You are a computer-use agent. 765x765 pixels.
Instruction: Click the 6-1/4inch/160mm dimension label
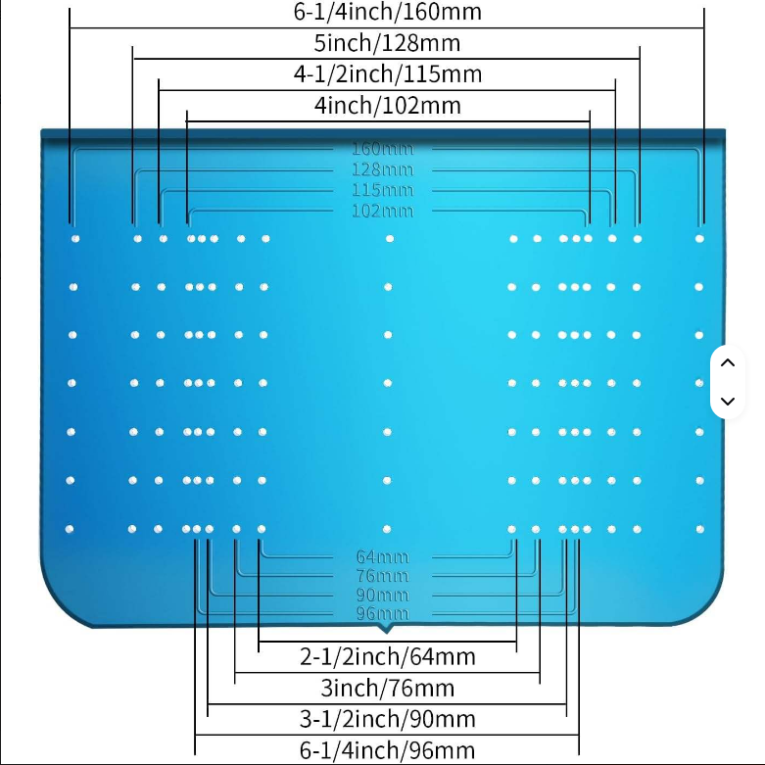388,13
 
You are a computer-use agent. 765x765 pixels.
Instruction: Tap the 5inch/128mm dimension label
387,44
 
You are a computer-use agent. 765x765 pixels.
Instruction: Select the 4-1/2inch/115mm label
388,74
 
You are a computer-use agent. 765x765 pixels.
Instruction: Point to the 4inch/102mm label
388,106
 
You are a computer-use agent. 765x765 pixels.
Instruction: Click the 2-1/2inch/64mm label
388,656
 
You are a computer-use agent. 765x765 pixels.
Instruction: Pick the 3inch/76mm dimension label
388,688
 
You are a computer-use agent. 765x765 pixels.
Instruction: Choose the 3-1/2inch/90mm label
388,719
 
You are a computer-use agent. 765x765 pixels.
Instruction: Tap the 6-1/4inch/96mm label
388,750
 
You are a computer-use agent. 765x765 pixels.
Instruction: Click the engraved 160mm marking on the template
382,150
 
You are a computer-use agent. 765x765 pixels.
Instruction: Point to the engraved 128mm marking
382,170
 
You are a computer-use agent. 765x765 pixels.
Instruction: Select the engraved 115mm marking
382,190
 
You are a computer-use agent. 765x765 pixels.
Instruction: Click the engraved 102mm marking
382,211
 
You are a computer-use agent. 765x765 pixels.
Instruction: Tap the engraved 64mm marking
382,557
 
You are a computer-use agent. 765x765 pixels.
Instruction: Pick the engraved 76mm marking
382,576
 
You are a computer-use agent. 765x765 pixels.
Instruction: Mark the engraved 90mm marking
382,595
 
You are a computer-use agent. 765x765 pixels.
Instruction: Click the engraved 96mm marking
382,613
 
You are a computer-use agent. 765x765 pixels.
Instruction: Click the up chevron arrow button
727,362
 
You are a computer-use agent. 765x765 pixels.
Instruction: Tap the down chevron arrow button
727,401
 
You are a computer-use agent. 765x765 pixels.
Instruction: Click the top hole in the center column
390,238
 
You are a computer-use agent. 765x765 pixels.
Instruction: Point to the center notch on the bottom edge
388,626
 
